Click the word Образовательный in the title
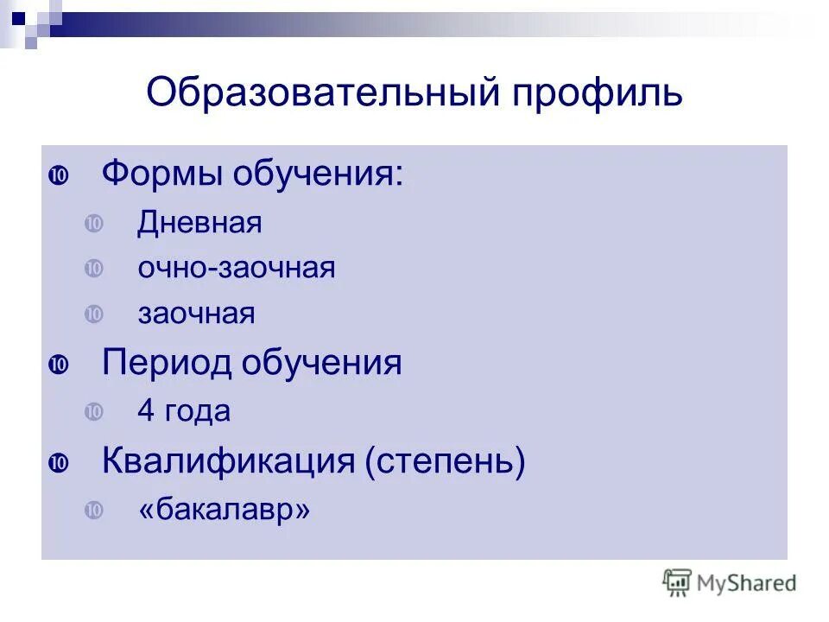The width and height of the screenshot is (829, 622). (x=320, y=92)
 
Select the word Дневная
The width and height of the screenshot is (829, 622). (x=199, y=224)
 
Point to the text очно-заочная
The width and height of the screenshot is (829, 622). (x=236, y=269)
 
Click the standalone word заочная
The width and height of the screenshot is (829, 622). (x=196, y=314)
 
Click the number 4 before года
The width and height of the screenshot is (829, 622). (x=146, y=411)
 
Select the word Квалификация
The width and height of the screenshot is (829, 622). (x=228, y=461)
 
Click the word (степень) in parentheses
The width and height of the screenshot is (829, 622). (x=445, y=461)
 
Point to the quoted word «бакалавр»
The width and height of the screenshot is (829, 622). (x=224, y=511)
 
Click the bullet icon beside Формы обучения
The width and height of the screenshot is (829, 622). (x=59, y=175)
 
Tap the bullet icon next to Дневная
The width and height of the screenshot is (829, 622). (x=93, y=224)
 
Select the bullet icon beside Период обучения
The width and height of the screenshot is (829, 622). (x=59, y=364)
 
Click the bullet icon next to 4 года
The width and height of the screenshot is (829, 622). (x=93, y=412)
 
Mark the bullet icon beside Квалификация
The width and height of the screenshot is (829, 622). (x=59, y=463)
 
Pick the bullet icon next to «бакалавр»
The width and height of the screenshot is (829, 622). (x=93, y=511)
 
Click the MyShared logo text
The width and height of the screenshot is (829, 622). (x=745, y=583)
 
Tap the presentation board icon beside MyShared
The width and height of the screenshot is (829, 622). (x=677, y=582)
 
